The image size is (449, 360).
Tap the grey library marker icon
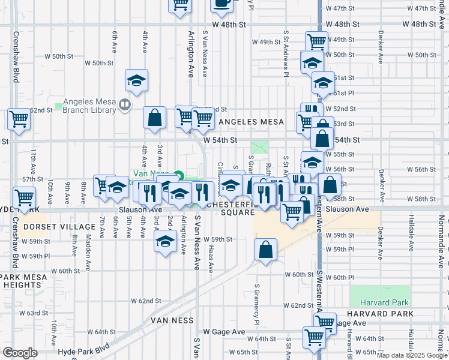pos(125,106)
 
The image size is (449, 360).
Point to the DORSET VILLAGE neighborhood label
pos(59,227)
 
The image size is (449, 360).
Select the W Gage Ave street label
pos(224,332)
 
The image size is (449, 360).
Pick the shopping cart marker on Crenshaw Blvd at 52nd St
pos(19,118)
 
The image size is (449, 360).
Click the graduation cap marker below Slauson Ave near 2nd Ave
pos(164,241)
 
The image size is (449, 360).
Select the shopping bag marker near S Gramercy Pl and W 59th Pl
pos(265,250)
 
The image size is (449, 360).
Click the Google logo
pos(20,352)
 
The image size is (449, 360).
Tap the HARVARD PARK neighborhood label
pos(379,314)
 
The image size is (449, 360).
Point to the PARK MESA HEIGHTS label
pos(20,281)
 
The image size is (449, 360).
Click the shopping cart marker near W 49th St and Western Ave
pos(316,42)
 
